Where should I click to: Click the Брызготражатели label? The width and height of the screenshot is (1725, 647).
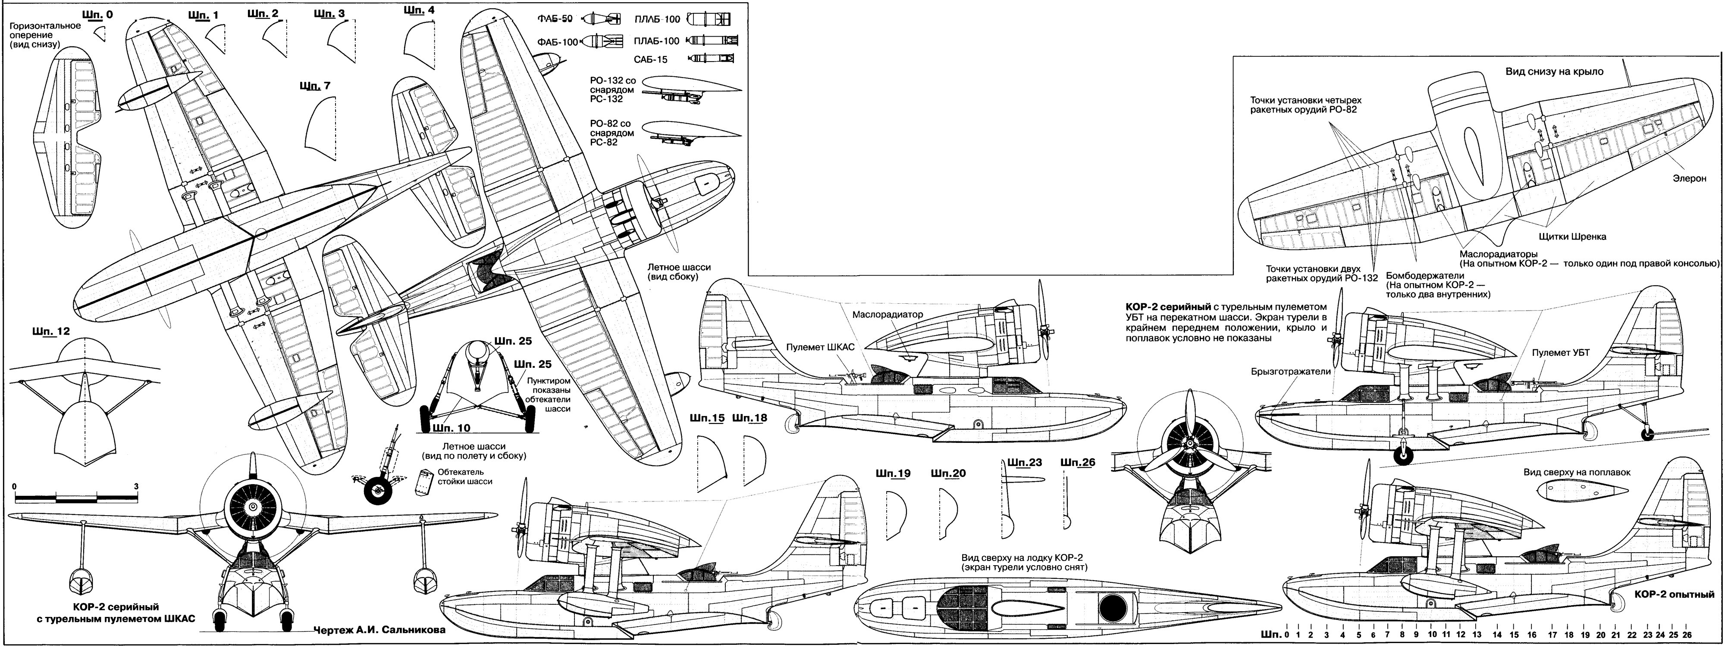pyautogui.click(x=1290, y=371)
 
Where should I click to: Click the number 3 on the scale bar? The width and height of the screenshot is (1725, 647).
pyautogui.click(x=136, y=486)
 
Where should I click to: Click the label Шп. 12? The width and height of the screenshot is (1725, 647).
pyautogui.click(x=50, y=332)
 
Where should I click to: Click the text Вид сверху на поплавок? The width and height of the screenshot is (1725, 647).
pyautogui.click(x=1576, y=473)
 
